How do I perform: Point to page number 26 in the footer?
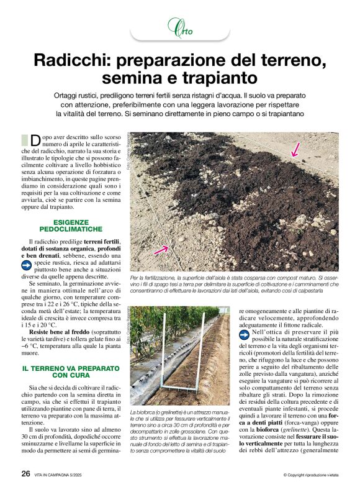click(25, 473)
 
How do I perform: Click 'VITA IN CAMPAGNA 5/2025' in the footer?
click(63, 474)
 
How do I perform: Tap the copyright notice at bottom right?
click(310, 475)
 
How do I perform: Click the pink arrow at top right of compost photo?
click(296, 148)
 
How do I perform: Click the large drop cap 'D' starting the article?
click(35, 140)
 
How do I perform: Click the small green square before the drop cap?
click(24, 139)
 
